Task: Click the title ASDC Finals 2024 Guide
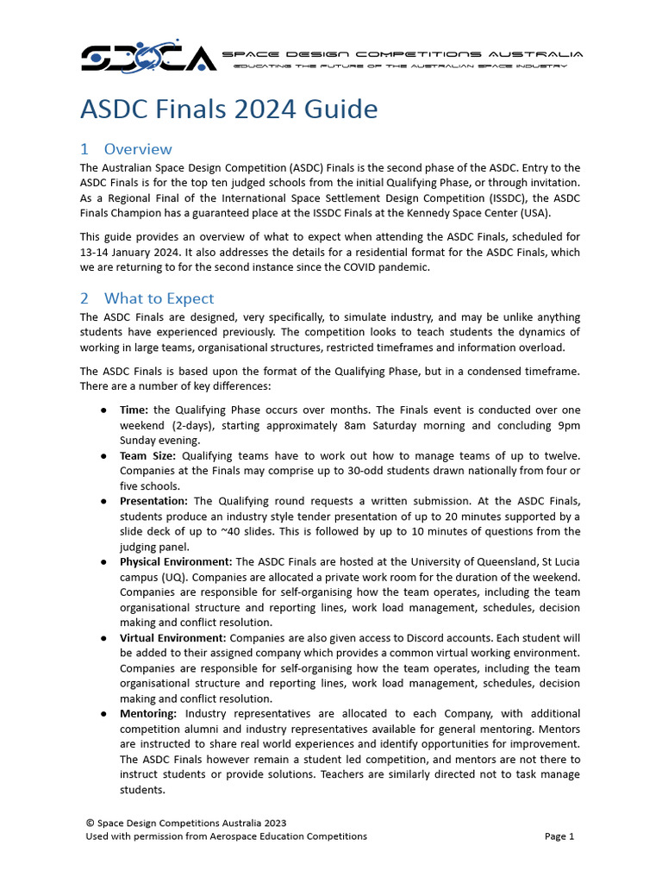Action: point(228,110)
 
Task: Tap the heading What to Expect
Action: point(147,298)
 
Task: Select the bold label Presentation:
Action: point(154,501)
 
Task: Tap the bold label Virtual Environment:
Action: point(173,638)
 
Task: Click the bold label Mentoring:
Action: point(148,714)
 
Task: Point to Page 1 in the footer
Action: point(559,836)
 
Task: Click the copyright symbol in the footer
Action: point(90,824)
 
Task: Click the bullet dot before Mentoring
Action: point(103,714)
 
